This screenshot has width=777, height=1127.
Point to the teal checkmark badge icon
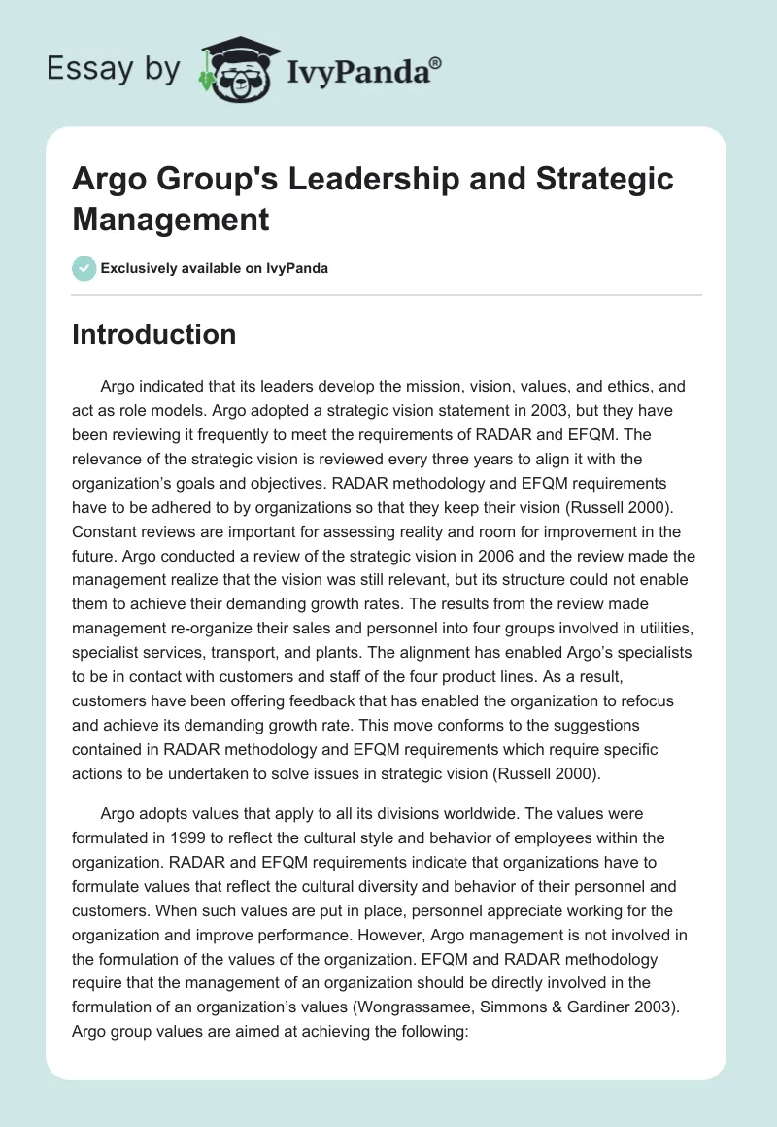pos(84,268)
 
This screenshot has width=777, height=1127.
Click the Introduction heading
pos(153,335)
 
